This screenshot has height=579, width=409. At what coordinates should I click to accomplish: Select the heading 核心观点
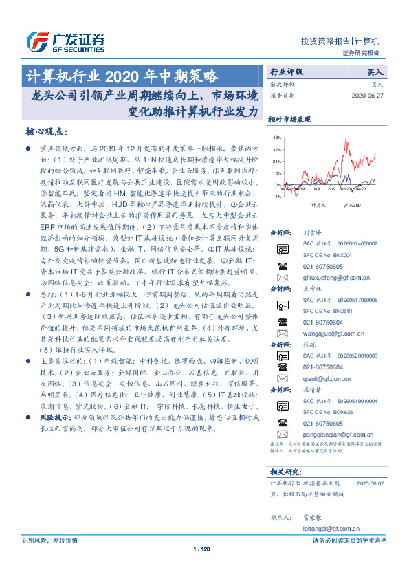47,131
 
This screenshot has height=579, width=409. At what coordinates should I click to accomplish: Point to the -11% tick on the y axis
276,197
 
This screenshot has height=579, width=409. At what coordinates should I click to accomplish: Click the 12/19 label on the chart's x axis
332,189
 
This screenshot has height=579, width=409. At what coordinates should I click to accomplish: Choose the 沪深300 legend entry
351,204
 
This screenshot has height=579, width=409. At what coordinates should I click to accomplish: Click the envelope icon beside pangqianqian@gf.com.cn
283,434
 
